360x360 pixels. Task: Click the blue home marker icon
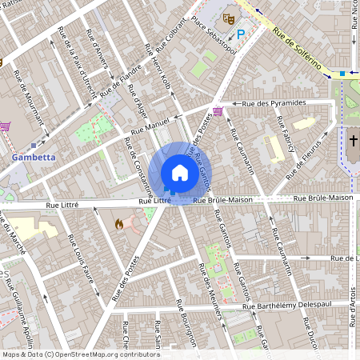(x=179, y=173)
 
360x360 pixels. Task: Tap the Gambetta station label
(x=34, y=158)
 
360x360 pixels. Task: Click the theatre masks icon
(x=229, y=16)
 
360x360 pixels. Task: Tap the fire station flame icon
(x=119, y=225)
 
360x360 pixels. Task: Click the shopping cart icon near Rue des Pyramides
(x=218, y=111)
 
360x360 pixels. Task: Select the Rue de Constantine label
(x=134, y=169)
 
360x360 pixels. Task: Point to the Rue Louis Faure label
(x=83, y=263)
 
